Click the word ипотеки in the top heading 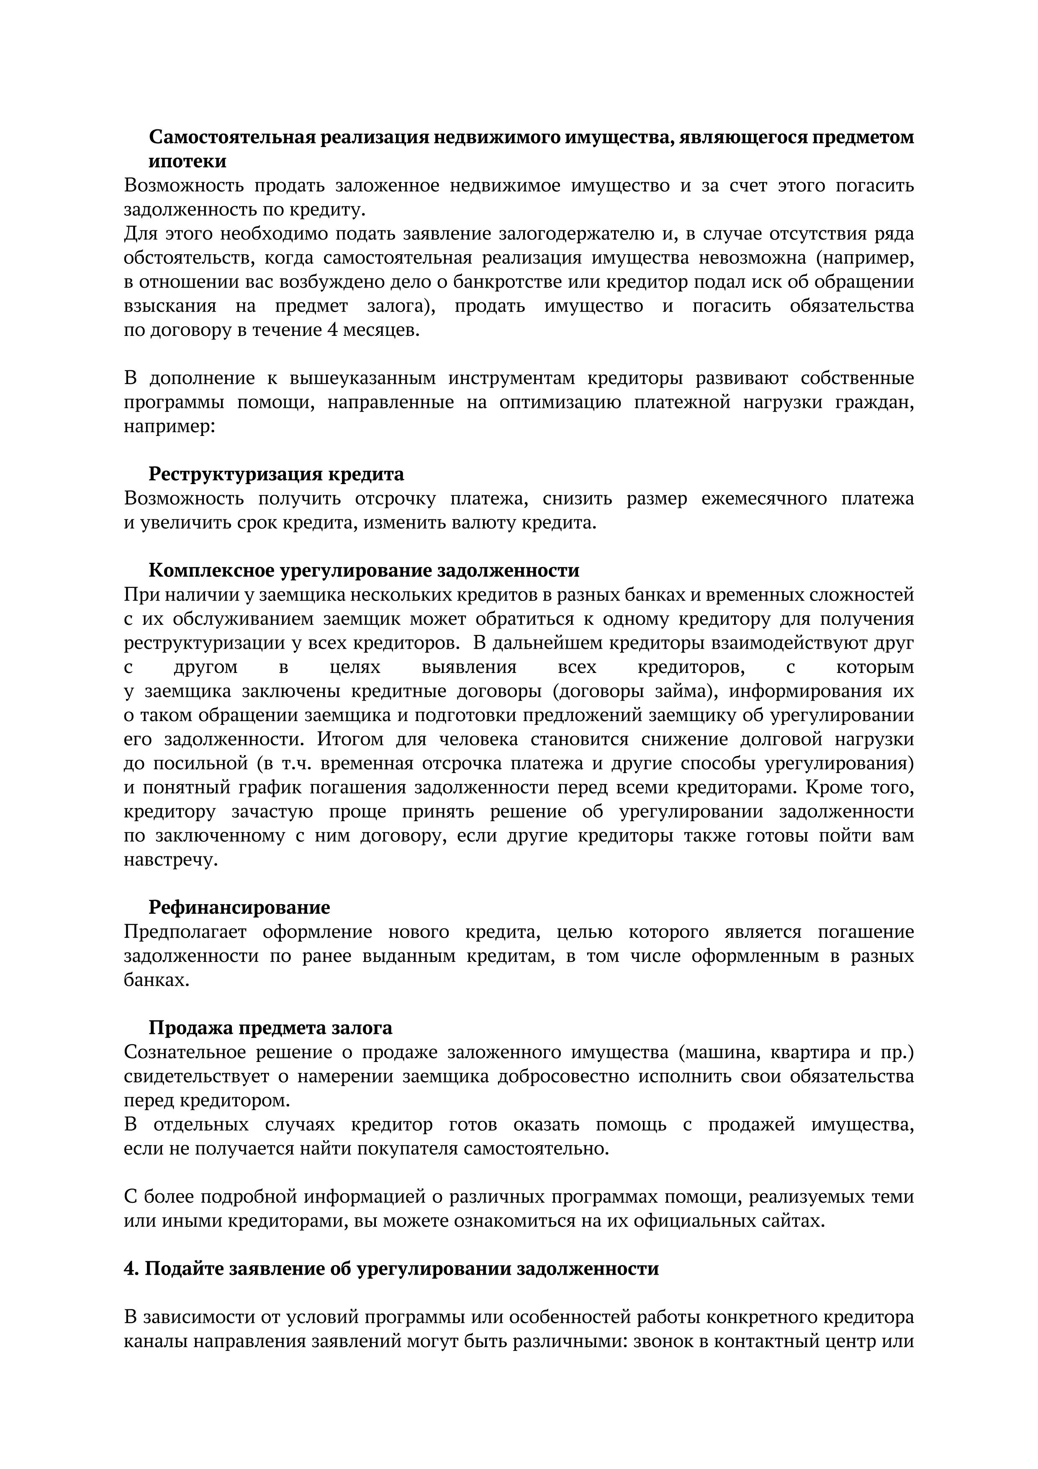point(188,161)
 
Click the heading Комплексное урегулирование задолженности point(364,570)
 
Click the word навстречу point(171,860)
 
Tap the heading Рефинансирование point(239,907)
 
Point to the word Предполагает point(185,932)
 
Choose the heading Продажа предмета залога point(270,1028)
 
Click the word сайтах point(791,1221)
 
